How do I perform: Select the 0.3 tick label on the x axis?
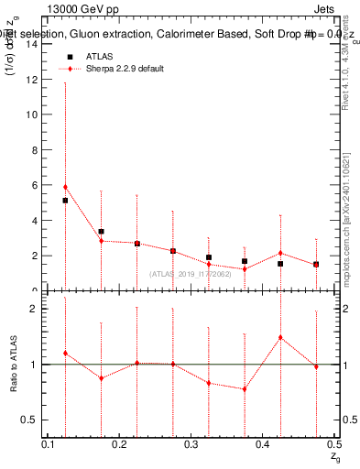[192, 444]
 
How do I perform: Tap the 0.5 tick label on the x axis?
[334, 444]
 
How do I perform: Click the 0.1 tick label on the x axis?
[50, 444]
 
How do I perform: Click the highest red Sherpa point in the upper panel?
[65, 187]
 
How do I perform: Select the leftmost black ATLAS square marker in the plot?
[65, 201]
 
